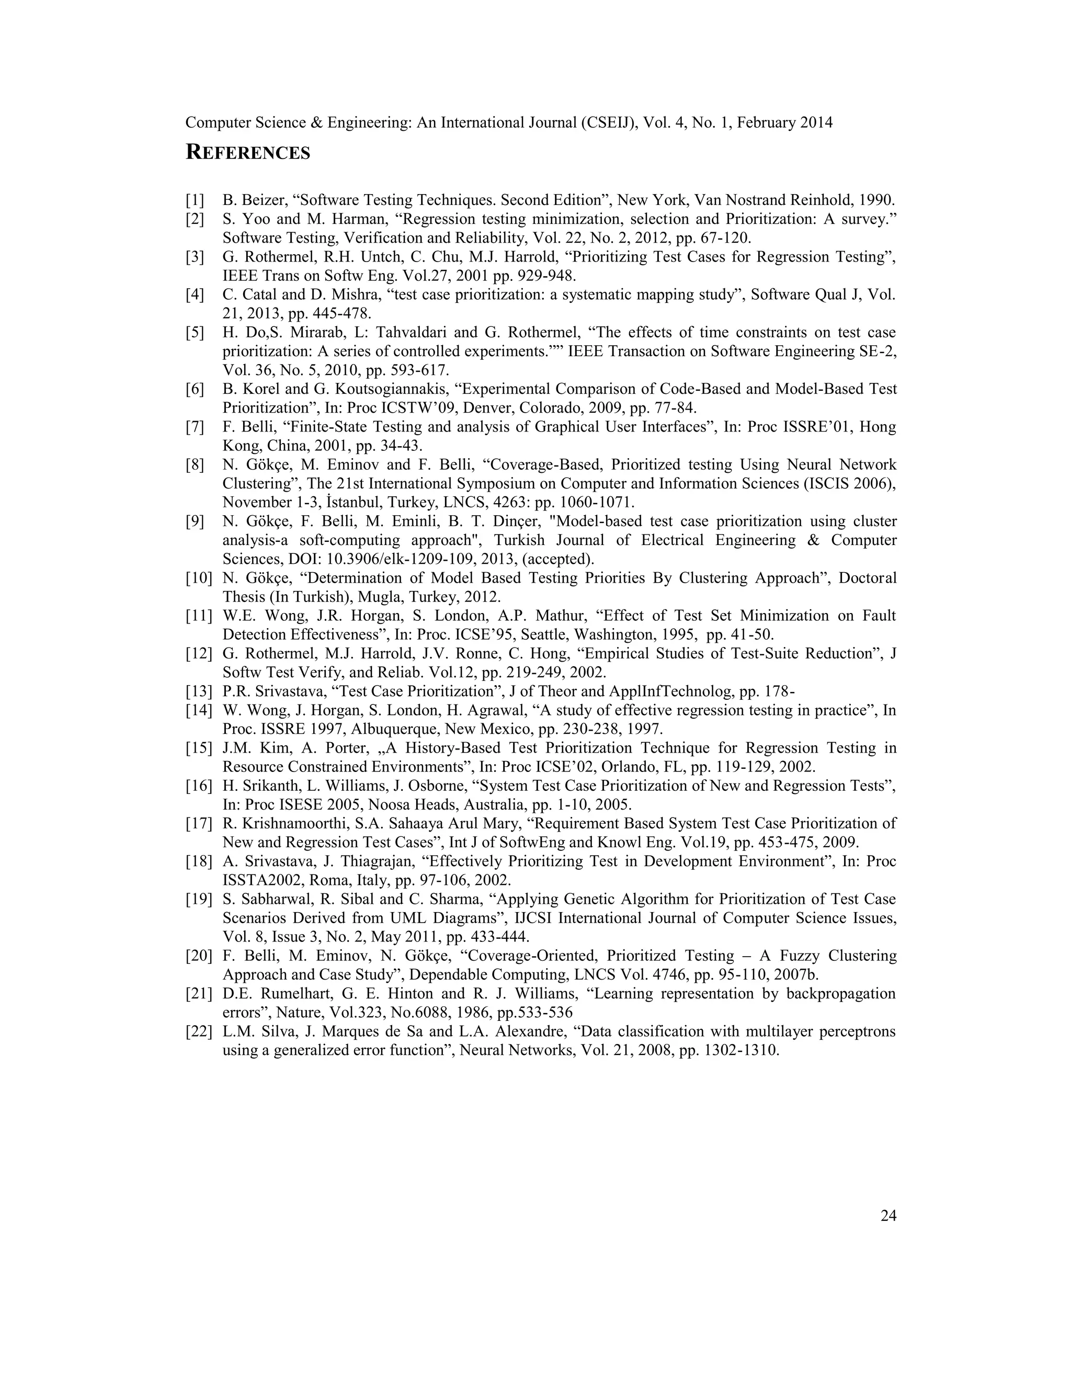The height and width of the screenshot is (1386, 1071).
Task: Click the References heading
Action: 247,153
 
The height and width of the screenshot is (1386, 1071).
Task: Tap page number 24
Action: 888,1216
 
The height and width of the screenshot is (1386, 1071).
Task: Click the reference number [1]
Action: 195,200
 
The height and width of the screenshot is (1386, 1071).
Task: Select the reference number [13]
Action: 199,691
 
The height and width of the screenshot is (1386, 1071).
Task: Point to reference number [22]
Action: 199,1031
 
